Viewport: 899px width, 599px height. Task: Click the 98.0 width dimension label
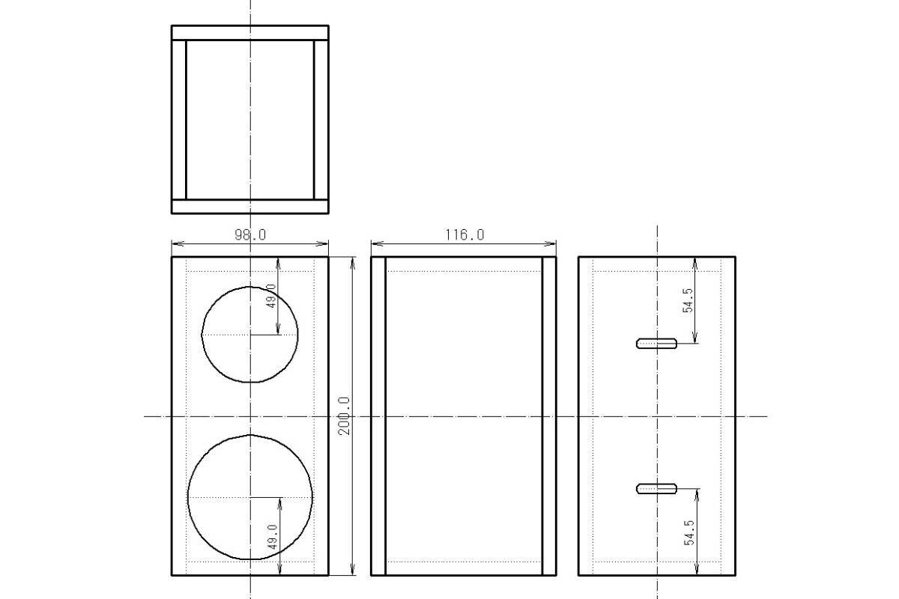pyautogui.click(x=250, y=234)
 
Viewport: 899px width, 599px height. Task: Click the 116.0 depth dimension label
pyautogui.click(x=464, y=234)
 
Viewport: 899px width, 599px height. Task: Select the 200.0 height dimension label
pyautogui.click(x=345, y=416)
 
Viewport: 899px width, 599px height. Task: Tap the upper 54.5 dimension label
pyautogui.click(x=688, y=300)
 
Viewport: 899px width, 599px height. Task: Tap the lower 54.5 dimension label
pyautogui.click(x=688, y=533)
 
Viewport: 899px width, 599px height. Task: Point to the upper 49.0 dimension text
pyautogui.click(x=271, y=296)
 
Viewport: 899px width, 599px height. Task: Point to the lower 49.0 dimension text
pyautogui.click(x=272, y=537)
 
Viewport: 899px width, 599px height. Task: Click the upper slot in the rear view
pyautogui.click(x=656, y=344)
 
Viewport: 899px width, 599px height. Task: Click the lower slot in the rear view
pyautogui.click(x=656, y=489)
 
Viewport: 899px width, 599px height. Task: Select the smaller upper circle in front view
pyautogui.click(x=249, y=287)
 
